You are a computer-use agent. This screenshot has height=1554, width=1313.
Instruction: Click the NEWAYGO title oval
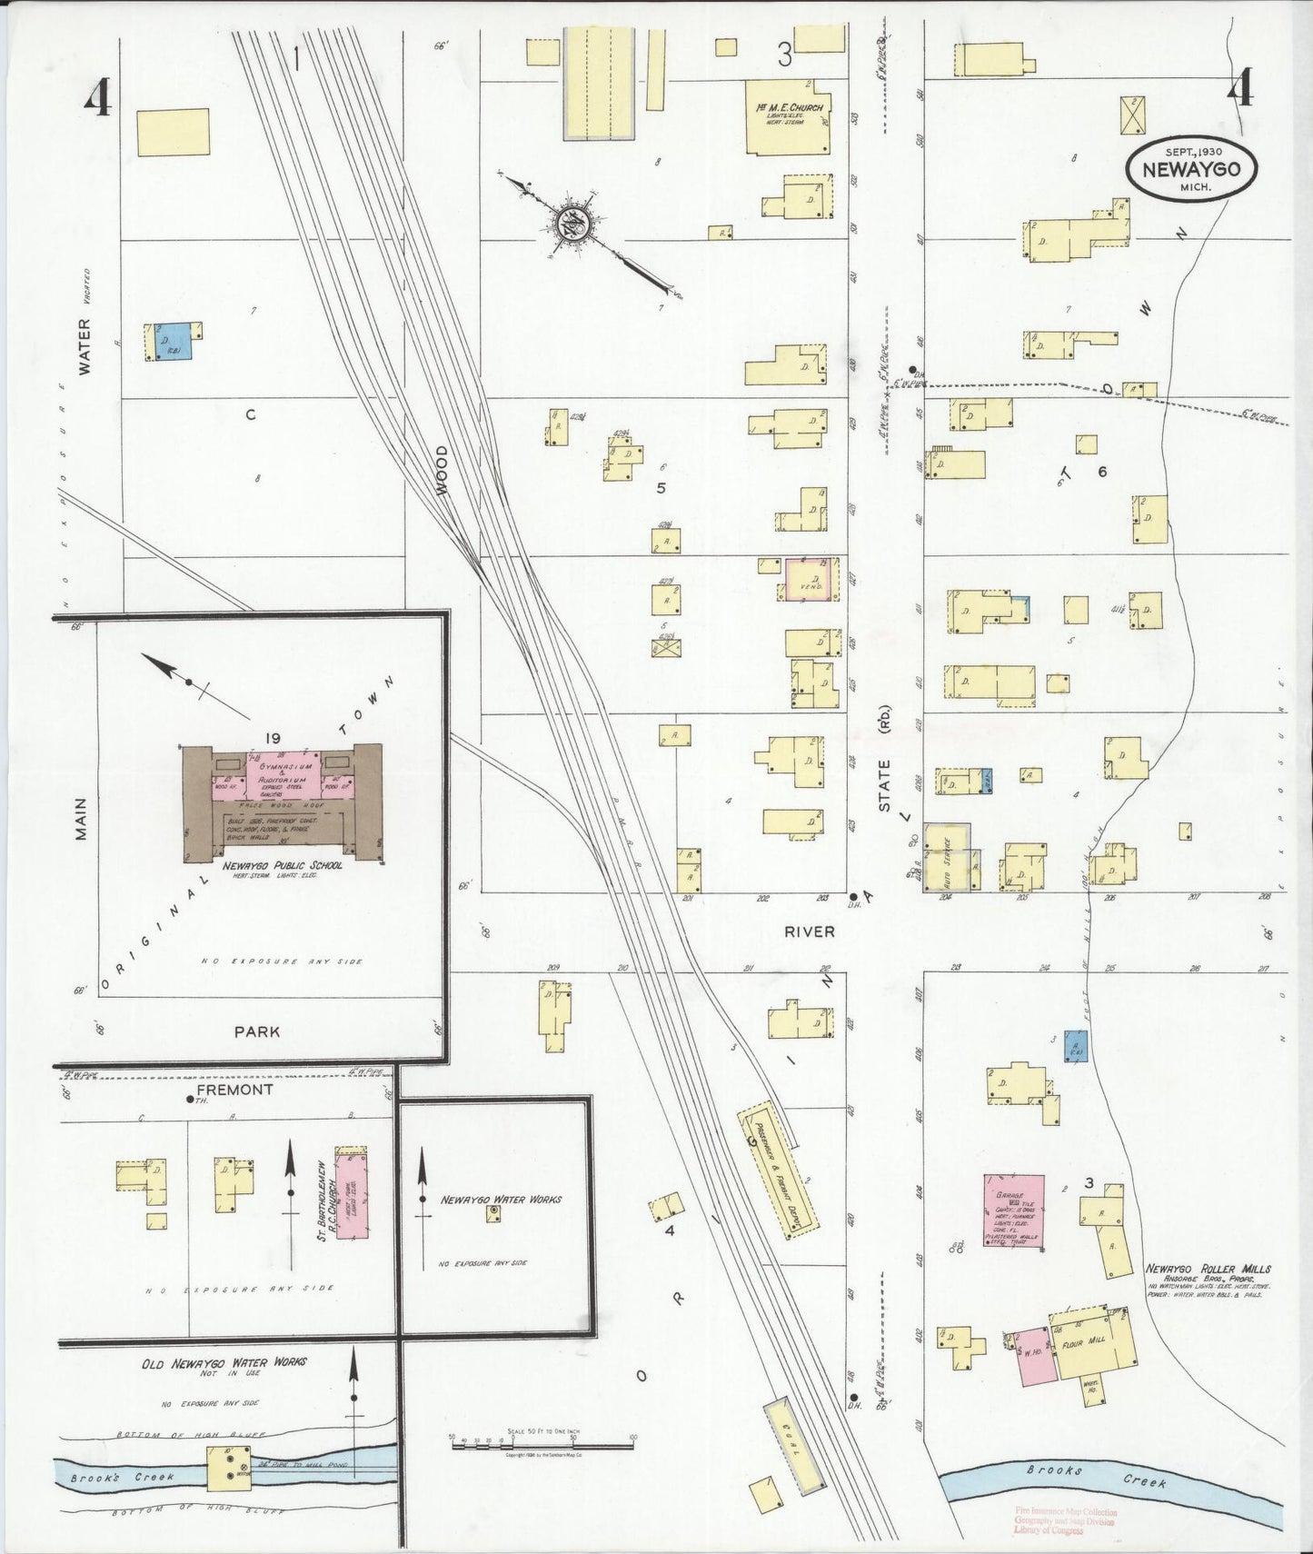1190,169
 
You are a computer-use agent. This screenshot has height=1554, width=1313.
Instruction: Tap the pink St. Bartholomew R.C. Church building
352,1195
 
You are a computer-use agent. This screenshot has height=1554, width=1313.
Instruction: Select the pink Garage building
1014,1210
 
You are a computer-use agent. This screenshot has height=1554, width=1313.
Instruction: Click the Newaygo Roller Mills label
1208,1269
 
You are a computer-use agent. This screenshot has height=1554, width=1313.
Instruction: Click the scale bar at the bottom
542,1444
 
